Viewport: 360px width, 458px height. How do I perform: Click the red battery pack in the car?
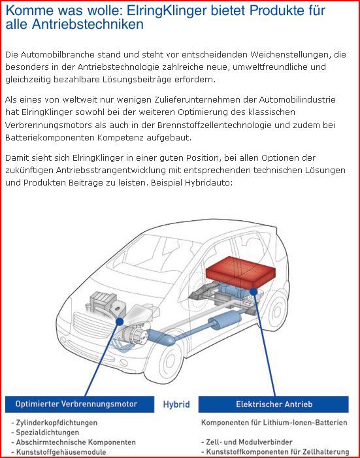pos(240,272)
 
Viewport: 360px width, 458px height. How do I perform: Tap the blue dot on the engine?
pos(119,321)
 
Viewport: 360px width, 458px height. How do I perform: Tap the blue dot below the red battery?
pos(254,291)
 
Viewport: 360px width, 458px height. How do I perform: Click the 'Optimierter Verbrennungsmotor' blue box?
pos(80,404)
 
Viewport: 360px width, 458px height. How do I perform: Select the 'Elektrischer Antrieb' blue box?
pos(274,404)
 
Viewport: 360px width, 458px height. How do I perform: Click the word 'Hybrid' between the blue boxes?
pos(176,404)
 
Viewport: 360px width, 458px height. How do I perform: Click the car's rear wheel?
pos(276,312)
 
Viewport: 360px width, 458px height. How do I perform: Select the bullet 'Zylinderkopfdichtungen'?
pos(54,423)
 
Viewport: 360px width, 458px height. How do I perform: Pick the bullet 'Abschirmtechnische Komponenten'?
pos(73,442)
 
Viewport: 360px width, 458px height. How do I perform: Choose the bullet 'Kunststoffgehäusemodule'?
pos(58,452)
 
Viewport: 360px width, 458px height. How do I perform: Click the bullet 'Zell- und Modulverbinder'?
pos(247,442)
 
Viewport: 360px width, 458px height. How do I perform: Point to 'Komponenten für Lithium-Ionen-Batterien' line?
pos(274,423)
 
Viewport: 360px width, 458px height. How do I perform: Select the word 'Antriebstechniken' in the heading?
pos(88,24)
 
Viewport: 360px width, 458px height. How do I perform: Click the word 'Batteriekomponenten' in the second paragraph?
pos(50,138)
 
